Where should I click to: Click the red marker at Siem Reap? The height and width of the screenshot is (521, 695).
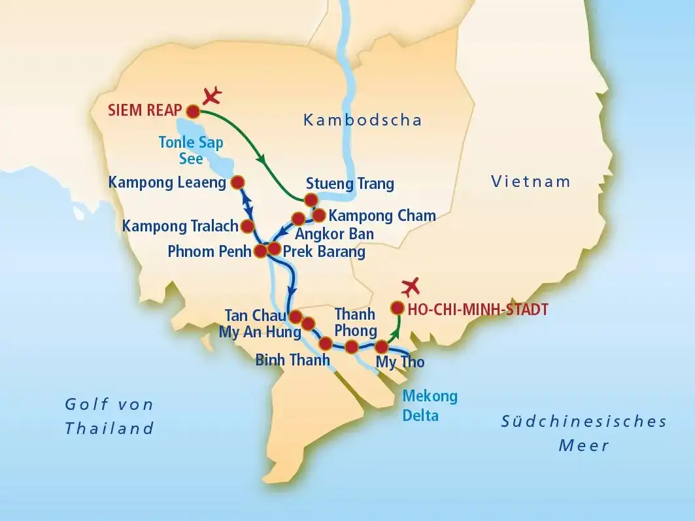click(193, 110)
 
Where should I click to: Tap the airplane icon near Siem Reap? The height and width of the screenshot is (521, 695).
click(212, 96)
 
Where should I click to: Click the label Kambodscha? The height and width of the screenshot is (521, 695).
click(362, 120)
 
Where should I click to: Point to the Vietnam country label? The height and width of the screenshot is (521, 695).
click(531, 182)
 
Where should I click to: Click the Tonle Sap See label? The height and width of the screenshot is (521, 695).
click(192, 150)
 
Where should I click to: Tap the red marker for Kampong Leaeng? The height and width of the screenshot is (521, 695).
click(238, 182)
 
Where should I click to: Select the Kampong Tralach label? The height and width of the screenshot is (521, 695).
click(179, 226)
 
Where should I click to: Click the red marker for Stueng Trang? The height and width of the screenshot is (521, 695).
click(311, 199)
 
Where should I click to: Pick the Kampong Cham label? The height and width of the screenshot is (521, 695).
click(382, 215)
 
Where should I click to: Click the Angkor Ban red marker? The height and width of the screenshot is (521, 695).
click(298, 218)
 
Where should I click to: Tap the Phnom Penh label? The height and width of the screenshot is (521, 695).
click(209, 251)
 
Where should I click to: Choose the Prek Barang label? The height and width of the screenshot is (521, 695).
click(324, 251)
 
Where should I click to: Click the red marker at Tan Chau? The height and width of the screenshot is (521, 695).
click(296, 316)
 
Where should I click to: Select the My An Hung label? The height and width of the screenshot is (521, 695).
click(260, 332)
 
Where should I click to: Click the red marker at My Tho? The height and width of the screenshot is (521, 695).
click(381, 346)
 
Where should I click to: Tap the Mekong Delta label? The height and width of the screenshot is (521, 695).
click(430, 405)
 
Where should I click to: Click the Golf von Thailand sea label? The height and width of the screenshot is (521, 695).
click(109, 416)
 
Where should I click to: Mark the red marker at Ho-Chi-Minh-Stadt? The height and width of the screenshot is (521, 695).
click(397, 307)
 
